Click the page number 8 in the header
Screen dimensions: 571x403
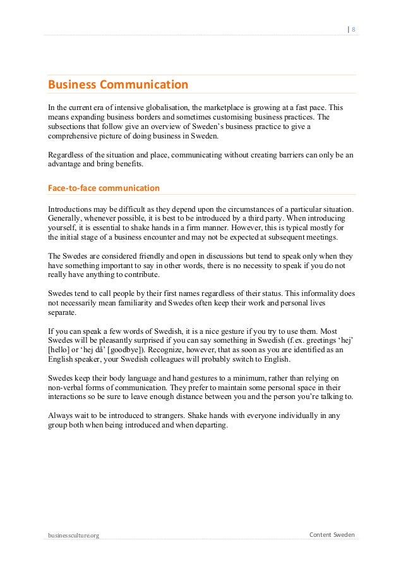pyautogui.click(x=354, y=28)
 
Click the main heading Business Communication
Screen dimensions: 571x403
pyautogui.click(x=118, y=84)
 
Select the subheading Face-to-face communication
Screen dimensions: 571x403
pyautogui.click(x=104, y=188)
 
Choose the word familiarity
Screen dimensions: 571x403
pyautogui.click(x=132, y=303)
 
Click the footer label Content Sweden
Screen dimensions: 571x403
pyautogui.click(x=332, y=535)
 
